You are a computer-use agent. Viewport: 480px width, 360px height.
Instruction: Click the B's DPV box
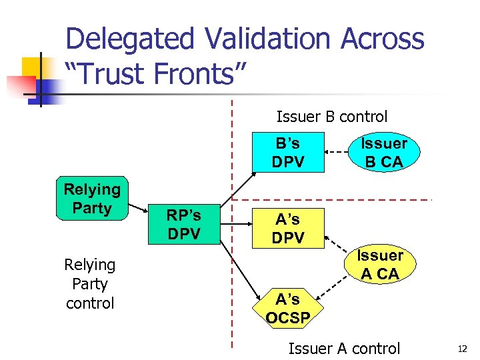pyautogui.click(x=287, y=152)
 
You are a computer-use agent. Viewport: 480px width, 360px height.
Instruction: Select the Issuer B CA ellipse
pyautogui.click(x=383, y=152)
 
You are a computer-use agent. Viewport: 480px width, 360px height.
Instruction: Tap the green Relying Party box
pyautogui.click(x=93, y=199)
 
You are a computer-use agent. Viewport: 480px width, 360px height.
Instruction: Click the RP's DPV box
pyautogui.click(x=183, y=224)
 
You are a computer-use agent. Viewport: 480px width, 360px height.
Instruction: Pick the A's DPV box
pyautogui.click(x=287, y=227)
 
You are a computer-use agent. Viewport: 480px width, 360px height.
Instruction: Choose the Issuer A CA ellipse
pyautogui.click(x=380, y=264)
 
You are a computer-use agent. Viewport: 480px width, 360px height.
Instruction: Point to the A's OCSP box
pyautogui.click(x=287, y=308)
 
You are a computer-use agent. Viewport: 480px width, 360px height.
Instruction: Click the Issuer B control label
pyautogui.click(x=331, y=117)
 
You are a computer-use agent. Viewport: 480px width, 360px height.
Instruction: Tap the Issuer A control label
pyautogui.click(x=343, y=348)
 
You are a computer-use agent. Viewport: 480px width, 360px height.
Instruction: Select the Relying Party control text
pyautogui.click(x=90, y=283)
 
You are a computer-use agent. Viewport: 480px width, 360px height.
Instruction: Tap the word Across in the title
pyautogui.click(x=382, y=39)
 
